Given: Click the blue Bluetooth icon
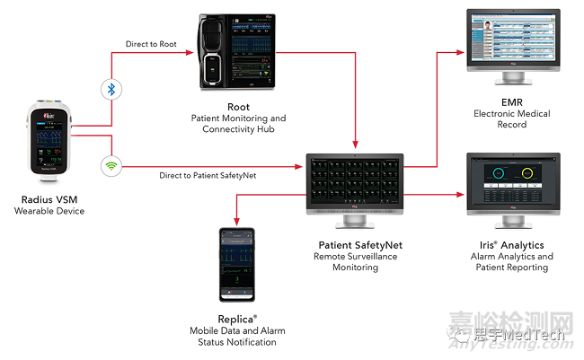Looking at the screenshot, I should [111, 90].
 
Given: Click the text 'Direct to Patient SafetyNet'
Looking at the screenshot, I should [208, 175].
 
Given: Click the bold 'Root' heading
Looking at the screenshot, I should [238, 106].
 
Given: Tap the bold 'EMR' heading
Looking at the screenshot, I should [512, 102].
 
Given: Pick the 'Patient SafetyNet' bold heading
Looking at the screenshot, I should [354, 244].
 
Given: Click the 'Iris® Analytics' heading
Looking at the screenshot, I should [512, 245].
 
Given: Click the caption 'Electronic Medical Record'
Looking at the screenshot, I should [512, 119].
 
